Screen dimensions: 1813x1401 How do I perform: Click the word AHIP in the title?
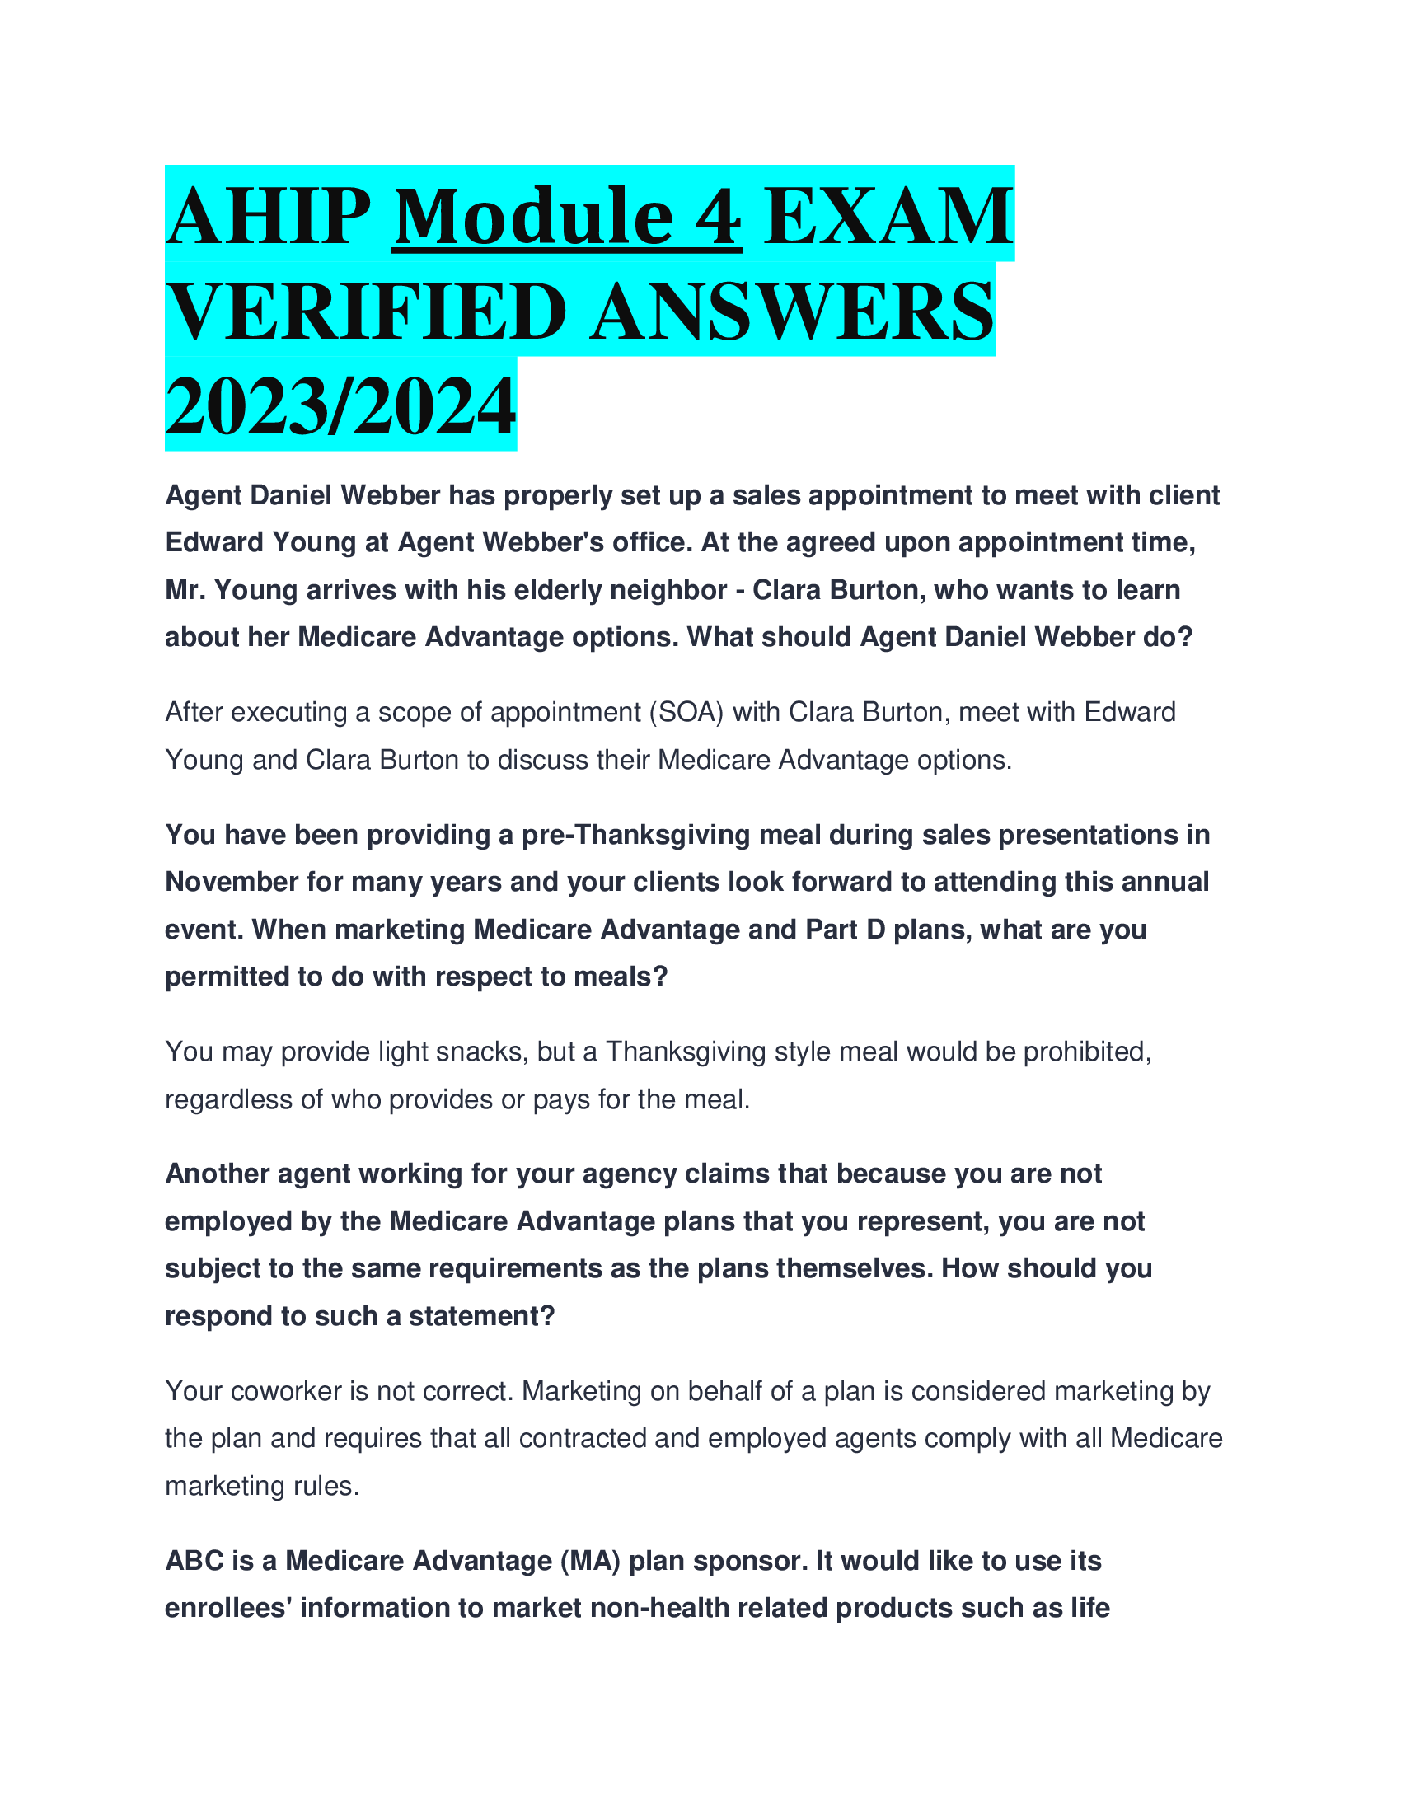tap(268, 217)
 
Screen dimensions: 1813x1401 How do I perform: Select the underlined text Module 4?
tap(567, 217)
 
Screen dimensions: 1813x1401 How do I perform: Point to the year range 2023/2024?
tap(340, 407)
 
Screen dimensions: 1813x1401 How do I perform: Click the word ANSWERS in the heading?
tap(792, 312)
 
